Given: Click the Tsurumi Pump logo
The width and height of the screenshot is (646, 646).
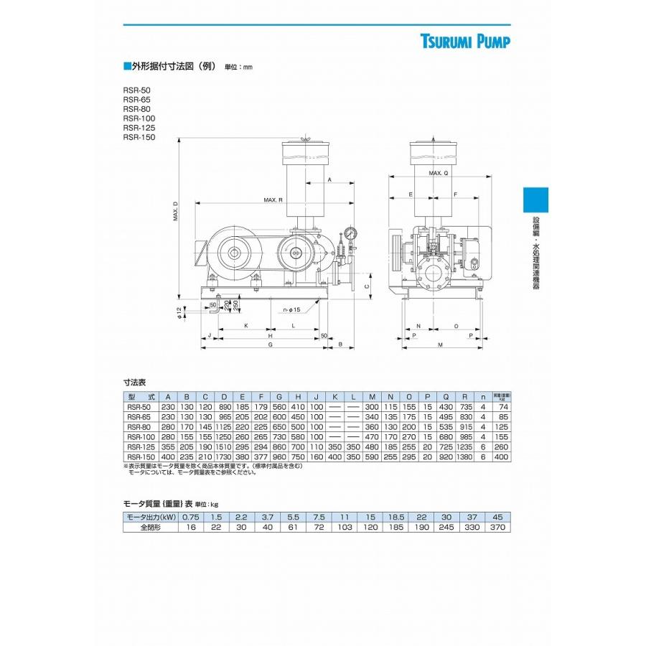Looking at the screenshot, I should tap(465, 42).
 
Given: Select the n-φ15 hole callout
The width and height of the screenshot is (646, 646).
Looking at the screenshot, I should tap(291, 309).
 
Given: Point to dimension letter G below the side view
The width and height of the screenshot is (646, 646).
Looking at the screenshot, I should tap(270, 345).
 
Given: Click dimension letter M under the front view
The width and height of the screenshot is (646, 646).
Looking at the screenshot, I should tap(440, 345).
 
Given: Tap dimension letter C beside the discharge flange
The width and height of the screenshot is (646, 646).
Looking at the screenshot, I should tap(366, 286).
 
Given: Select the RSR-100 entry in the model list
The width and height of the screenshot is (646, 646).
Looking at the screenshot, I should tap(139, 118).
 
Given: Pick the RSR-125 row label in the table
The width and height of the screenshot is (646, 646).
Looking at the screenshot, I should tap(141, 446).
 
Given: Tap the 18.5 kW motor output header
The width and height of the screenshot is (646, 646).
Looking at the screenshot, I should tap(395, 517).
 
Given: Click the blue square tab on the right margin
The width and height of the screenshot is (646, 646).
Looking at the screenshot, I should tap(535, 200).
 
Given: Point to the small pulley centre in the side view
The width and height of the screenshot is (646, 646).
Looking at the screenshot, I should tap(296, 253).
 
